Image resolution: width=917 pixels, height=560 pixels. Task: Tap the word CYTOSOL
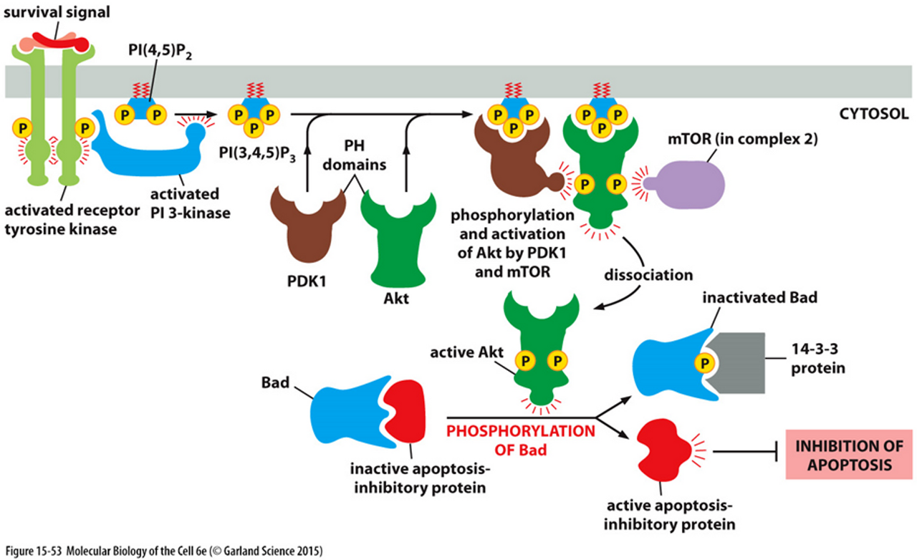[872, 113]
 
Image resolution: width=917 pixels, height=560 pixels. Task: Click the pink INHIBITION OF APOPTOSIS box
[850, 455]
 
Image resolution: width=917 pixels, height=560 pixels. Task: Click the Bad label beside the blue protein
[274, 382]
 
